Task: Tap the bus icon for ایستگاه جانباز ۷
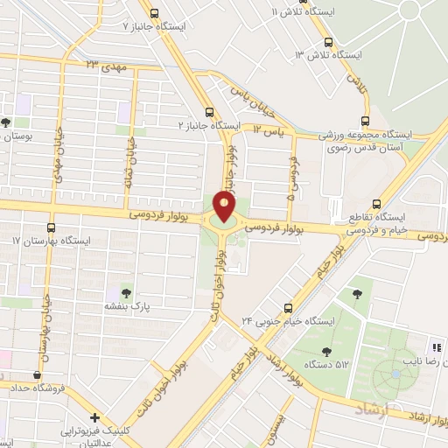click(x=155, y=13)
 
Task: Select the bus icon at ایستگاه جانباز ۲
click(x=209, y=112)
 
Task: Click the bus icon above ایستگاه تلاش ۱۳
click(x=328, y=42)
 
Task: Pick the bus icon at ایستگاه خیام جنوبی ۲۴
click(x=288, y=308)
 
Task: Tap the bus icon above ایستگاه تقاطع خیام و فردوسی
click(x=377, y=200)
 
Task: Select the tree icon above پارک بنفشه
click(x=127, y=293)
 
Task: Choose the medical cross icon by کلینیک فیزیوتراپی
click(x=94, y=417)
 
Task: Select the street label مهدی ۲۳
click(x=104, y=65)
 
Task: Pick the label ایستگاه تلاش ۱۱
click(x=303, y=12)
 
